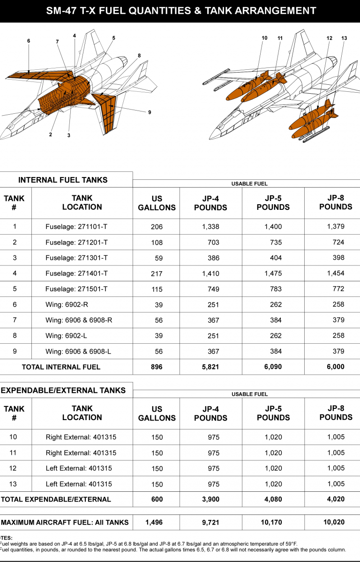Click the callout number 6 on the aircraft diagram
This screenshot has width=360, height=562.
[29, 41]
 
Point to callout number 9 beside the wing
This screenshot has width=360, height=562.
[150, 112]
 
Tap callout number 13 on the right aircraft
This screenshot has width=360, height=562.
[344, 38]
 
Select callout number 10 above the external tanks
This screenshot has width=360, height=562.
[264, 38]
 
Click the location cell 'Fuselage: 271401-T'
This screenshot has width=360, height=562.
[76, 274]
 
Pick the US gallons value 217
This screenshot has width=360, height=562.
[157, 274]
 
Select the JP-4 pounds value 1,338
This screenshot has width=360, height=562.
[210, 227]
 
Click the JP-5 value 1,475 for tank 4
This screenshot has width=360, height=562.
[273, 274]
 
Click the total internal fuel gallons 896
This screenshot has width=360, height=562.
[157, 367]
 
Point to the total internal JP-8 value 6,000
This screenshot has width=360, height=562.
[336, 367]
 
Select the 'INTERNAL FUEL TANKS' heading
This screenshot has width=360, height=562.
[63, 180]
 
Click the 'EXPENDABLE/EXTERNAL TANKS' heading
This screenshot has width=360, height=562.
[63, 390]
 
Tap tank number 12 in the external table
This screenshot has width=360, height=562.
[13, 468]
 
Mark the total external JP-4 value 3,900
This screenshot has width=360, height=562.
[210, 499]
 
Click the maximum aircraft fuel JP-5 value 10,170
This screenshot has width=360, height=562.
[273, 523]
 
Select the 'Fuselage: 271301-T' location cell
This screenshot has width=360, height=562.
[76, 258]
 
